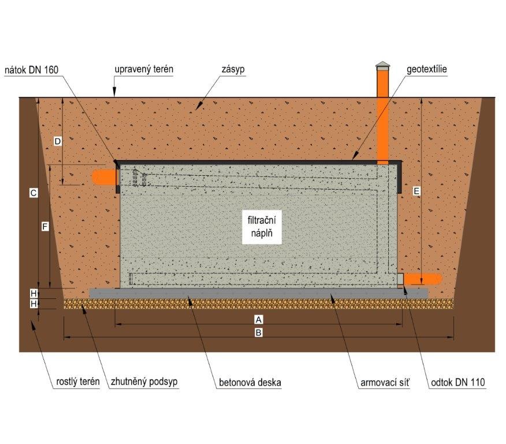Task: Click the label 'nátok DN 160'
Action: pos(32,70)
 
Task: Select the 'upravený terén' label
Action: pos(144,69)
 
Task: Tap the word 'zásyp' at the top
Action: pos(233,69)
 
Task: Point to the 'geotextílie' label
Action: pos(427,69)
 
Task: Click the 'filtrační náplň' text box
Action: pos(262,227)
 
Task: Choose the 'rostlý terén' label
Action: pos(78,382)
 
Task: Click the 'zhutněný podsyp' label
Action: pos(144,382)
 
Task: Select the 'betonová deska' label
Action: pos(250,383)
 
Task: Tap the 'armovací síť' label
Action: pos(385,383)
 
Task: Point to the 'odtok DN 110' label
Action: pos(458,383)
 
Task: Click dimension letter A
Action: pos(258,320)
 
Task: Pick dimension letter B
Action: pos(258,332)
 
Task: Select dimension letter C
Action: pos(34,193)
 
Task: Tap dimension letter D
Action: pos(57,141)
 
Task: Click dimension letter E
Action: pos(416,191)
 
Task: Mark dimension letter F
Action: pos(45,227)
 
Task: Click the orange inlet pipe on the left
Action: pos(104,177)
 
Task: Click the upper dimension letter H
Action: pos(34,294)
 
